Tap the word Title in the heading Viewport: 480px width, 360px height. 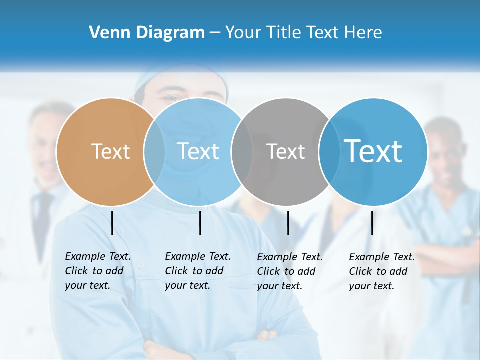coord(284,33)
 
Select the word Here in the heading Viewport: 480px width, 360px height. coord(363,33)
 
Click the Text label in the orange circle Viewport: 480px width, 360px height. coord(110,151)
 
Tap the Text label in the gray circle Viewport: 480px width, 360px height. coord(285,152)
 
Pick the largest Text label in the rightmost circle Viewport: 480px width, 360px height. coord(373,151)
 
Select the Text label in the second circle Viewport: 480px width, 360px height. coord(198,151)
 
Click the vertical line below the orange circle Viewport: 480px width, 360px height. coord(112,223)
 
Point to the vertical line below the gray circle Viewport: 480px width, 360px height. coord(288,223)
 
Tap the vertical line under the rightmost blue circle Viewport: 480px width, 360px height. coord(372,223)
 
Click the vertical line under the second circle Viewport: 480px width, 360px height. coord(200,223)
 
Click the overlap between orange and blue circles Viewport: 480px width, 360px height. coord(154,151)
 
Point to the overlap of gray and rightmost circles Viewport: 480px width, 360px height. coord(328,151)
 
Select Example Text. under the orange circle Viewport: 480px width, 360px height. coord(98,256)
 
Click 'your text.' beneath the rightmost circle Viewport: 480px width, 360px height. coord(371,286)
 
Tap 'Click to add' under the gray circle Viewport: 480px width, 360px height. coord(286,271)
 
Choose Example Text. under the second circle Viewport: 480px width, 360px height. coord(198,256)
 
